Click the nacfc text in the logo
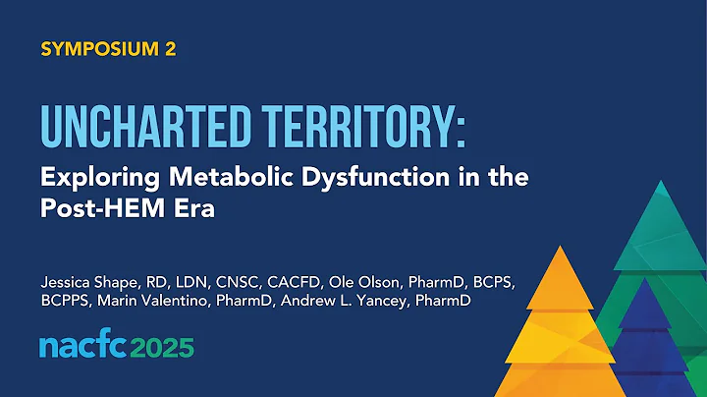[x=82, y=347]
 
